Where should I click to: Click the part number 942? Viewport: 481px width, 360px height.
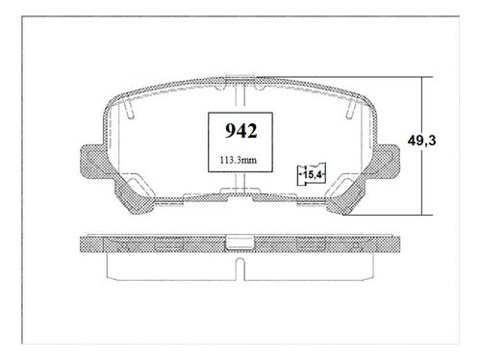pos(240,131)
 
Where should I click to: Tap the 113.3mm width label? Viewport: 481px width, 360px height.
pos(238,160)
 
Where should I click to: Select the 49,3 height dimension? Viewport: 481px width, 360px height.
pos(421,141)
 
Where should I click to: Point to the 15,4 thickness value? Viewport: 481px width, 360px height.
pos(313,175)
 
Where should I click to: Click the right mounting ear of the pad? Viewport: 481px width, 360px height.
pos(387,161)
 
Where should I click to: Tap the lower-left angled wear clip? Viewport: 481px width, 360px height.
pos(134,193)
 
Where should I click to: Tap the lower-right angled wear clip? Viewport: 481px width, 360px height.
pos(345,193)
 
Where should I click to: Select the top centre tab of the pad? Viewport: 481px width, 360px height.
pos(240,77)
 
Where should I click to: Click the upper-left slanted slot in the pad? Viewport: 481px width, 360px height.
pos(128,109)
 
